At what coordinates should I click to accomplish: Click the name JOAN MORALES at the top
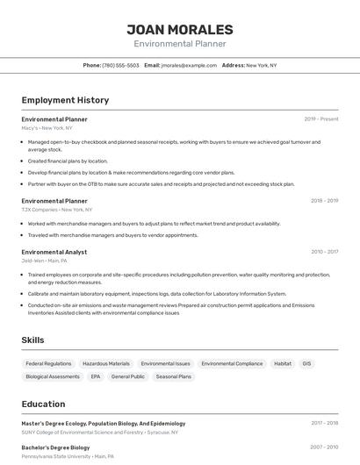point(180,29)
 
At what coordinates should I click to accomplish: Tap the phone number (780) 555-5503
point(120,65)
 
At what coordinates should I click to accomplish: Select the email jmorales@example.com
point(188,65)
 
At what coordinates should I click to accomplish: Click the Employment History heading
point(65,100)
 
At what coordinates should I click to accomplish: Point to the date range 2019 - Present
point(321,119)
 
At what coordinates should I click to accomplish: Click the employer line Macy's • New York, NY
point(47,128)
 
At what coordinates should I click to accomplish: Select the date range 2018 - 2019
point(324,201)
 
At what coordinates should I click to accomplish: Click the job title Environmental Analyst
point(54,252)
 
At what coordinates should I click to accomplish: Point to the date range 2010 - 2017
point(324,252)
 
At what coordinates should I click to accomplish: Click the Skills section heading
point(33,340)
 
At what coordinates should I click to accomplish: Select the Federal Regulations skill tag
point(48,363)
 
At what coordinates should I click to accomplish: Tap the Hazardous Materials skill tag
point(106,363)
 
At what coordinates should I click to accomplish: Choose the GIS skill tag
point(306,363)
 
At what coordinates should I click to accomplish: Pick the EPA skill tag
point(95,376)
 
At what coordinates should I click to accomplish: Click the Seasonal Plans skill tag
point(173,376)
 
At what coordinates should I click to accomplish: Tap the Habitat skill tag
point(283,363)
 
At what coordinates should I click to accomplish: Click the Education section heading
point(43,404)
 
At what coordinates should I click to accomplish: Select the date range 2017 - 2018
point(324,423)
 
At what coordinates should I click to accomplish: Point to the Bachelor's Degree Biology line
point(55,447)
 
